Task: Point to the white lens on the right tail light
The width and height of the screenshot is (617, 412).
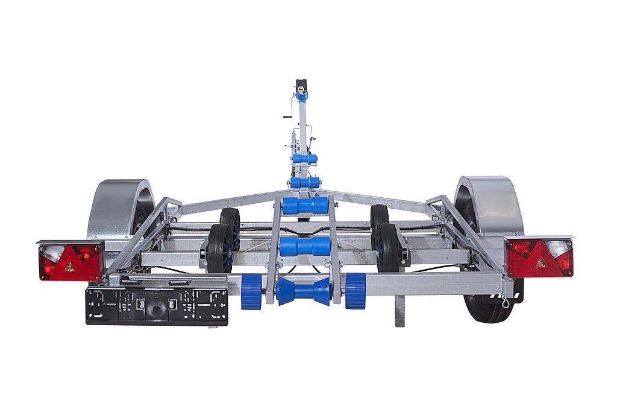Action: coord(560,249)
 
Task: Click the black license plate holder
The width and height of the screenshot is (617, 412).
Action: coord(157,306)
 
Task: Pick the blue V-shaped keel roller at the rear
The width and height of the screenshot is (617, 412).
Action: coord(304,291)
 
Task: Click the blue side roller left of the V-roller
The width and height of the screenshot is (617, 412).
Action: coord(251,291)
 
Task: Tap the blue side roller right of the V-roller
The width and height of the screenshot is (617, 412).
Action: coord(355,290)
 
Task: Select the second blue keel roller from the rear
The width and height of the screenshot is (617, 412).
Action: coord(305,246)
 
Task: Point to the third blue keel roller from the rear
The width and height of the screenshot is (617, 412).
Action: coord(305,206)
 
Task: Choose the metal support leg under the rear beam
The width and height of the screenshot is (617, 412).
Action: coord(399,311)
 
